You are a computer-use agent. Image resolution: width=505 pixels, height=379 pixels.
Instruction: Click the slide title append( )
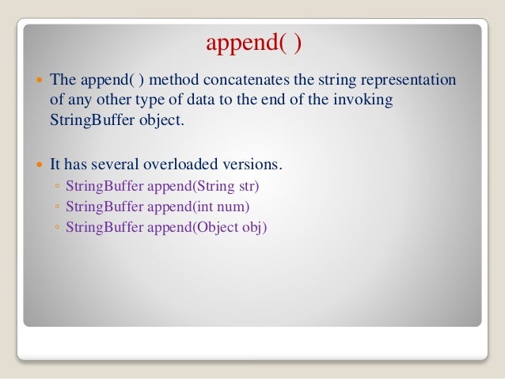pos(253,43)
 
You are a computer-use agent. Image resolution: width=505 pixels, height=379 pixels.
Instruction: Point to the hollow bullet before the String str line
pos(58,188)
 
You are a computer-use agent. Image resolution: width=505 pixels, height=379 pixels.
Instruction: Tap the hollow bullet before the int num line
pos(58,208)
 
